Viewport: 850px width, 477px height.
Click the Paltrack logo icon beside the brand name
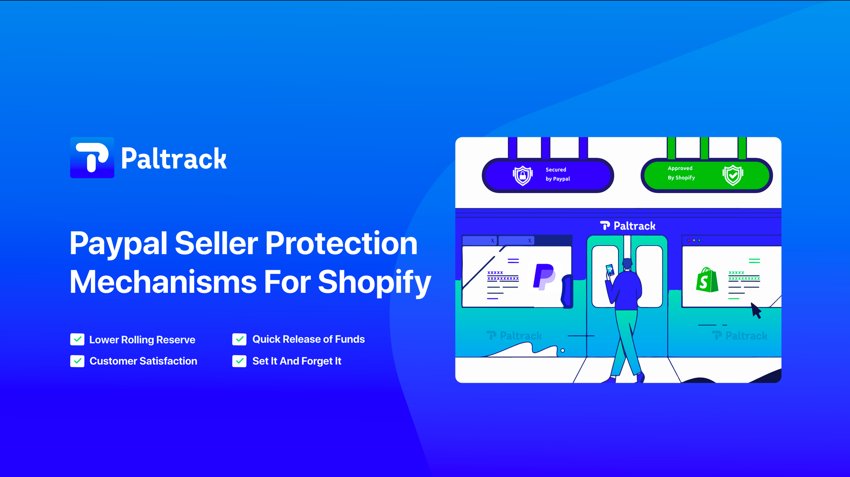coord(92,158)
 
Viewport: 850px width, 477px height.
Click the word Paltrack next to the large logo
coord(174,159)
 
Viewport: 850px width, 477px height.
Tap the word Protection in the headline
coord(341,243)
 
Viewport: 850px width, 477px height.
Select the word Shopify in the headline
coord(374,282)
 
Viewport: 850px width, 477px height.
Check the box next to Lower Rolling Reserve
coord(77,339)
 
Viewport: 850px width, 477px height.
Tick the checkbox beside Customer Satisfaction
coord(77,361)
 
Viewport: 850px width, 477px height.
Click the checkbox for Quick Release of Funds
coord(239,339)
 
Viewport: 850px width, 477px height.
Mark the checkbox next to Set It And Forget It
coord(239,361)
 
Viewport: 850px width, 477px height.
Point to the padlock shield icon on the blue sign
coord(523,175)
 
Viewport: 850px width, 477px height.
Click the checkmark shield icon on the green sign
coord(733,175)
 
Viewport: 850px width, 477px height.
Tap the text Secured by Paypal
coord(557,174)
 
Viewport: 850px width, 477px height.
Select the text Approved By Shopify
coord(681,173)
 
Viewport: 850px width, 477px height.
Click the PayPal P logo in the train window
coord(544,277)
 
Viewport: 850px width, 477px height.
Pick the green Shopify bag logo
coord(707,280)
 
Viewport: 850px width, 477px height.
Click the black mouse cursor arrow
coord(756,310)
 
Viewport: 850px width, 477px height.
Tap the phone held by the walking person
coord(610,270)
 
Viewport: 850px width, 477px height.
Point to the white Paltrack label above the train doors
coord(628,226)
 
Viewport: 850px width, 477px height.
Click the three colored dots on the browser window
coord(694,240)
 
